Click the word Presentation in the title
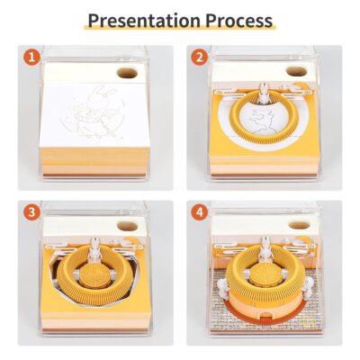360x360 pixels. point(144,21)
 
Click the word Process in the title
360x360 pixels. point(239,21)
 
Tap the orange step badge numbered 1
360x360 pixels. point(31,58)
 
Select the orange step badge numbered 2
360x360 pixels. point(200,58)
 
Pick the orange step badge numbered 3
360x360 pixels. point(31,212)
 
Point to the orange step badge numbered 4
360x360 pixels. point(200,212)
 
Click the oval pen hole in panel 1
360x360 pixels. point(127,73)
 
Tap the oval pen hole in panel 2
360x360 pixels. point(296,71)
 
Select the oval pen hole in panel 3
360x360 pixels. point(127,227)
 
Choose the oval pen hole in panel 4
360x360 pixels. point(299,225)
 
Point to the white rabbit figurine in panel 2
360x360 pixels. point(264,92)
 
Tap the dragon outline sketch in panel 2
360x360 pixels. point(262,121)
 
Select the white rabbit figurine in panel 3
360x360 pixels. point(95,248)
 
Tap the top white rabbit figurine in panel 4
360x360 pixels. point(265,247)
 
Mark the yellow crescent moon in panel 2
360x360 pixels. point(301,86)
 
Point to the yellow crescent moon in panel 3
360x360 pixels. point(130,241)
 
